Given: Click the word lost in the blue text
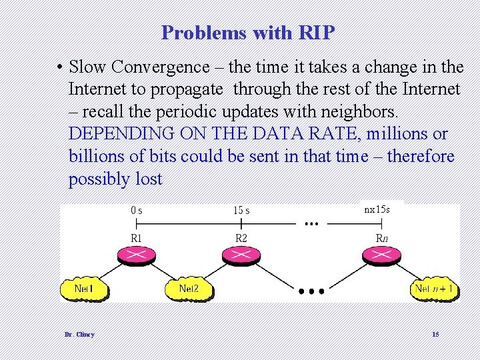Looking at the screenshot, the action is (x=149, y=179).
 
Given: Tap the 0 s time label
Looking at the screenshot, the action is (x=136, y=211).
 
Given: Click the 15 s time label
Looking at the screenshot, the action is (x=241, y=211).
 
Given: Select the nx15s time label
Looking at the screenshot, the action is (x=377, y=209).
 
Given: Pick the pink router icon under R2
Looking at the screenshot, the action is (x=241, y=255).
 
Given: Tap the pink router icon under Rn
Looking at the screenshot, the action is (x=381, y=255).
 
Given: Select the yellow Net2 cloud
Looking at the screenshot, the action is (x=190, y=289).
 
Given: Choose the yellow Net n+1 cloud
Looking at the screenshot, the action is (x=434, y=289).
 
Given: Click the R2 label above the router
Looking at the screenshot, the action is (x=241, y=238).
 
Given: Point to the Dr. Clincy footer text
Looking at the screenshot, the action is (x=79, y=334).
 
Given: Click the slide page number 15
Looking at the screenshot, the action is (x=435, y=334).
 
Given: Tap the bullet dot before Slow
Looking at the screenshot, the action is (x=60, y=67).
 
